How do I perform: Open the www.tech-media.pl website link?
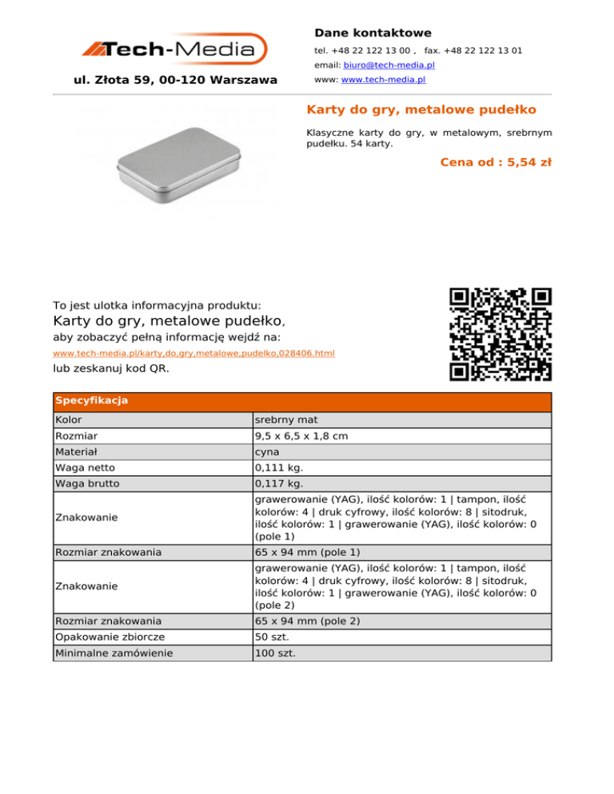pyautogui.click(x=383, y=80)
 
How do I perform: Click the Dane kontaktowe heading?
pyautogui.click(x=373, y=33)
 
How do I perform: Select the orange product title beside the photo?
pyautogui.click(x=421, y=109)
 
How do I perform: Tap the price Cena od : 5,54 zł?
pyautogui.click(x=496, y=162)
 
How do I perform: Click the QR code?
pyautogui.click(x=500, y=333)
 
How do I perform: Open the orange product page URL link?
pyautogui.click(x=193, y=353)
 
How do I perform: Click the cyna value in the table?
pyautogui.click(x=267, y=452)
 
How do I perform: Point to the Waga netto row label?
pyautogui.click(x=83, y=468)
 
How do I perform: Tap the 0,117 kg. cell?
pyautogui.click(x=276, y=484)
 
